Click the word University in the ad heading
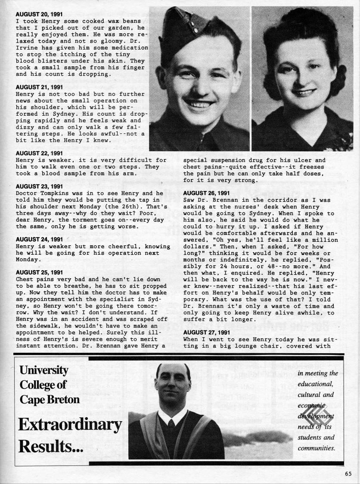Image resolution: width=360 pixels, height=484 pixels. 43,370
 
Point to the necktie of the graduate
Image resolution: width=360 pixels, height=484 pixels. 172,425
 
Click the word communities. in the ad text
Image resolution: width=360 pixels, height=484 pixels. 316,448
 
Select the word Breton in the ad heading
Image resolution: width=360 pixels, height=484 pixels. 62,399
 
